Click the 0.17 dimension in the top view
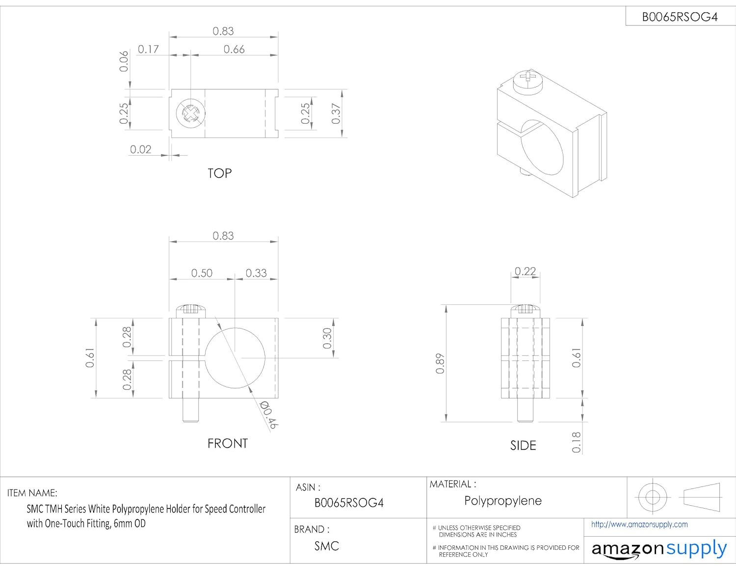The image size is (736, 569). [148, 50]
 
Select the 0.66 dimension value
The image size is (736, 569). [234, 50]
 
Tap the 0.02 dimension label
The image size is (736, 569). [140, 149]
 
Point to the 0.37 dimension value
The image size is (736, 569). [336, 113]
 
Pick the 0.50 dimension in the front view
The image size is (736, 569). [202, 273]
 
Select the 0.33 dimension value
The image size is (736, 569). [256, 273]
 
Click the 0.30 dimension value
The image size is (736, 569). [327, 338]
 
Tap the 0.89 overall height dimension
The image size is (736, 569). [440, 364]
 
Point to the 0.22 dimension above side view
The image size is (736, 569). [525, 271]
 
